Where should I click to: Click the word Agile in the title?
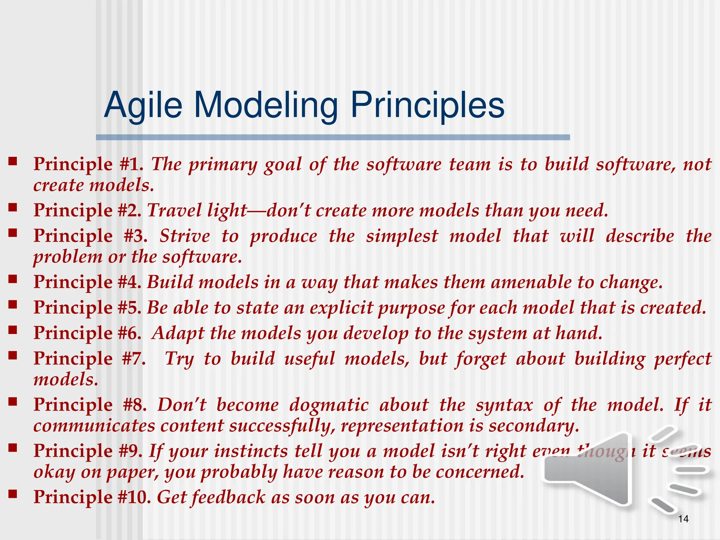[143, 105]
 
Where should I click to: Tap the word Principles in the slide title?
[427, 105]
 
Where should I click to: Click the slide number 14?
[683, 519]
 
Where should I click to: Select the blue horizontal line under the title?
[333, 137]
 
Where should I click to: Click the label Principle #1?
[88, 164]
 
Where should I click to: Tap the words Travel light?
[197, 211]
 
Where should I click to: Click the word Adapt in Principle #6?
[178, 333]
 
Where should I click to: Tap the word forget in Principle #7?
[481, 359]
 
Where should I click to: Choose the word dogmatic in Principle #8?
[329, 405]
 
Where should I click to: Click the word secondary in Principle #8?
[533, 426]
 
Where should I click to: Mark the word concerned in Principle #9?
[480, 472]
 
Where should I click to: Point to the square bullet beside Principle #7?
[13, 355]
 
